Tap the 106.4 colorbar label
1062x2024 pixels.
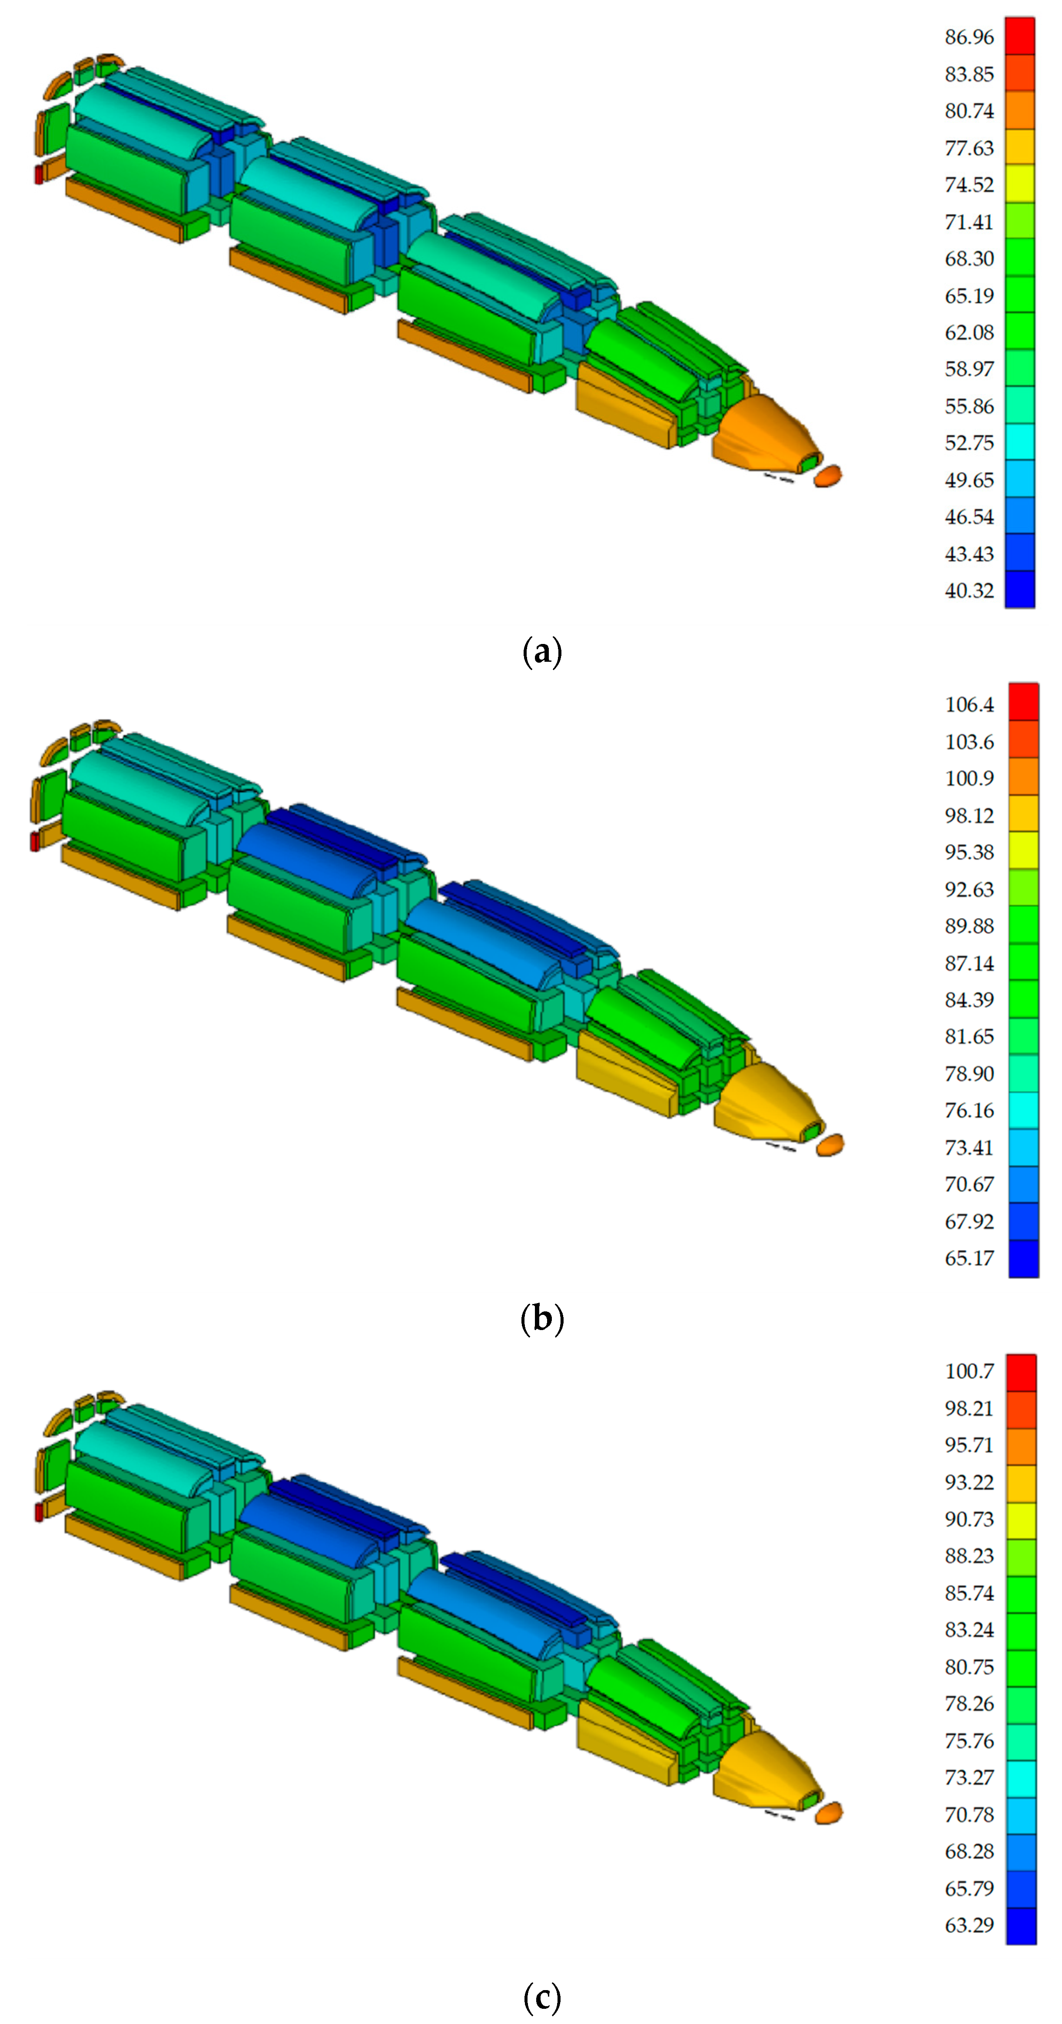point(969,705)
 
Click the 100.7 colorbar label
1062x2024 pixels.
point(969,1371)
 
